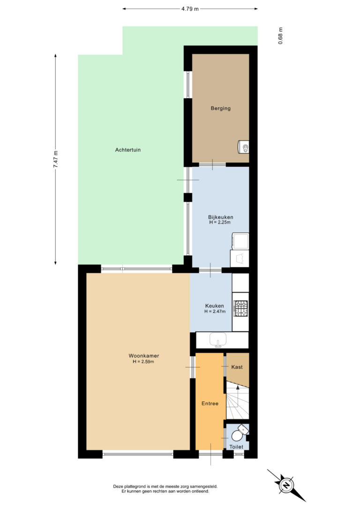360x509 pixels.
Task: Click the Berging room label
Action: (220, 108)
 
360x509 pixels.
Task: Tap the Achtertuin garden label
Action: (128, 150)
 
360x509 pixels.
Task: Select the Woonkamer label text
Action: (144, 356)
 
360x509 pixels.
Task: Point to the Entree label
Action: (210, 404)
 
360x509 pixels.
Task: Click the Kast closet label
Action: (237, 367)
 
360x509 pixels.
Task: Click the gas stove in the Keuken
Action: (241, 308)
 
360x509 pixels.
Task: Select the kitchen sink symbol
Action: (218, 340)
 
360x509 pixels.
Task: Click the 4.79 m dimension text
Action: (190, 9)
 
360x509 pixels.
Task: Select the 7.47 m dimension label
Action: (55, 159)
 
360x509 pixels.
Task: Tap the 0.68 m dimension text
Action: (280, 36)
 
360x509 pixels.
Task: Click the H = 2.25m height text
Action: (220, 222)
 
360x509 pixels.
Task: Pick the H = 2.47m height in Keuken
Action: (215, 311)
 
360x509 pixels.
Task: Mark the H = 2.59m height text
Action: (143, 362)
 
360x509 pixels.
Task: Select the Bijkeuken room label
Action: (220, 217)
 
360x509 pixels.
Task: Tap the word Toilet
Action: (236, 447)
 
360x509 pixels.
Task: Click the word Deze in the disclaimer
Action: (119, 487)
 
